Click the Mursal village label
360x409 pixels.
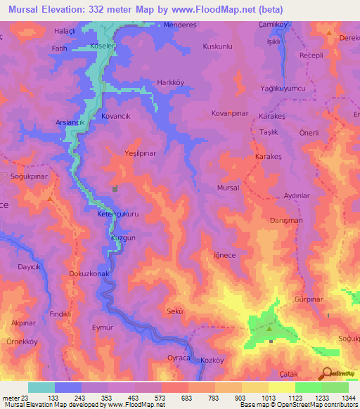click(228, 188)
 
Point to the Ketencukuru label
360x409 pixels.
click(118, 214)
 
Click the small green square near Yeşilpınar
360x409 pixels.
click(115, 189)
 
